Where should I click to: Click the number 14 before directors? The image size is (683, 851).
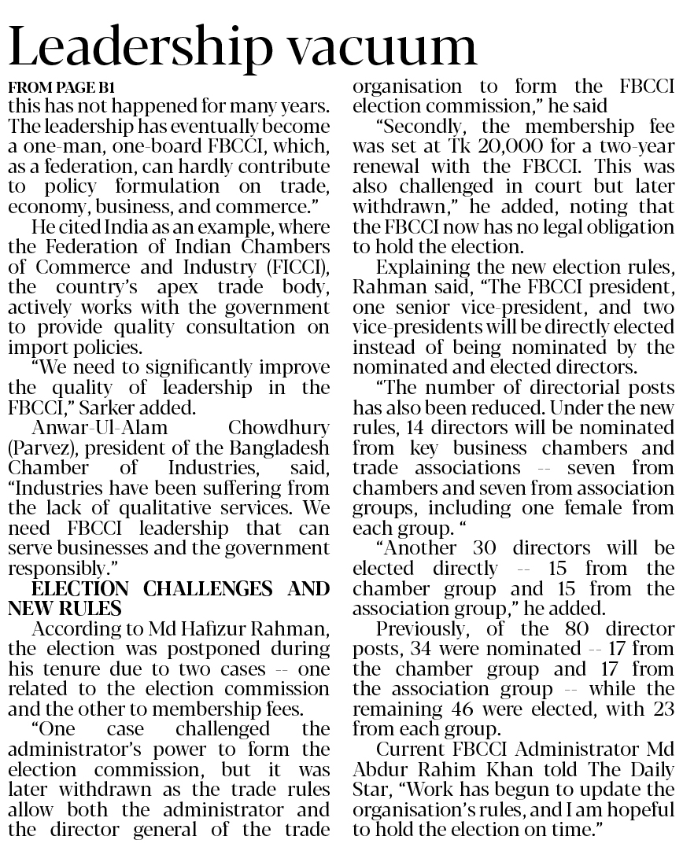434,428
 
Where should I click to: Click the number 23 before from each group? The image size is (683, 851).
663,709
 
